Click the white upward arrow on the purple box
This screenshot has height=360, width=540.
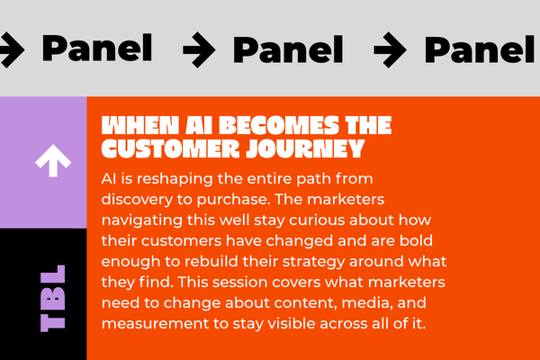tap(53, 160)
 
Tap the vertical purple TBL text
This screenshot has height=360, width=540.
tap(53, 298)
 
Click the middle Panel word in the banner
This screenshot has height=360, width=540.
tap(288, 49)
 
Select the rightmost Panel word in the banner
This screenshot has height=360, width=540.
tap(480, 49)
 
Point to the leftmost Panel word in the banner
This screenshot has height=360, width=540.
tap(97, 48)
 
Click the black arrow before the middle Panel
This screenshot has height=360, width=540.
tap(200, 49)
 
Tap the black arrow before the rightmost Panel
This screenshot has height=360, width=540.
tap(391, 49)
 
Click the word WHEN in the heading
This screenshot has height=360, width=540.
tap(140, 125)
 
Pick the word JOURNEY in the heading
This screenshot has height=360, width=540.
tap(305, 148)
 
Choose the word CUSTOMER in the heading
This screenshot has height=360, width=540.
tap(170, 148)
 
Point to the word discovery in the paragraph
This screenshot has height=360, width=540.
tap(137, 200)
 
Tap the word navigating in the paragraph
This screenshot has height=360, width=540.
tap(142, 220)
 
